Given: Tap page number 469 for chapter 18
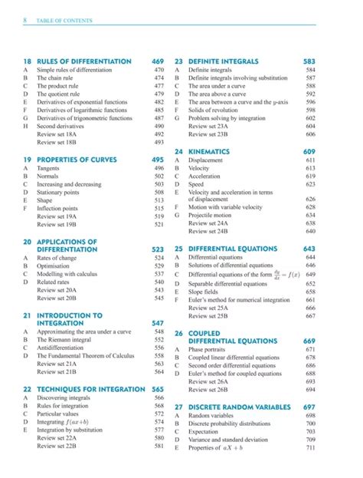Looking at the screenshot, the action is click(159, 61).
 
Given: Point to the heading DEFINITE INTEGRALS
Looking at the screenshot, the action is click(221, 61).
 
